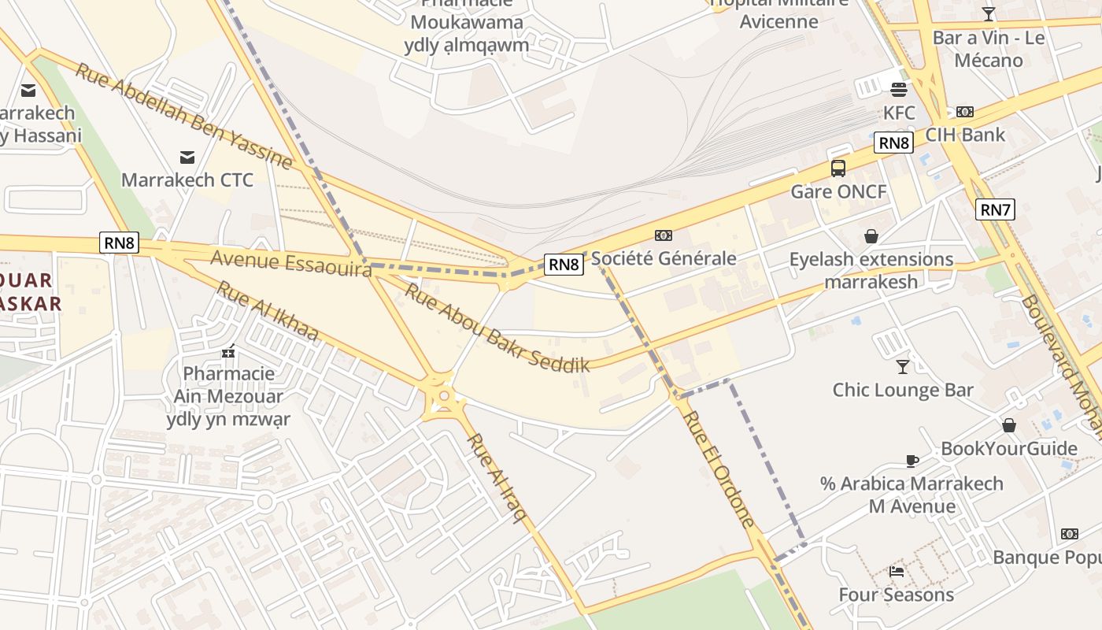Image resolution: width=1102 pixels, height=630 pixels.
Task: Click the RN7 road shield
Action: coord(995,209)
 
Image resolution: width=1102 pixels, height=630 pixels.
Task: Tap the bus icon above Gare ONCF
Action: coord(838,168)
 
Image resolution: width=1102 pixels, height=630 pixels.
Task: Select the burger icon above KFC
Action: coord(899,89)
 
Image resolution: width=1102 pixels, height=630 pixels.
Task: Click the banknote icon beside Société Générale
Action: coord(664,235)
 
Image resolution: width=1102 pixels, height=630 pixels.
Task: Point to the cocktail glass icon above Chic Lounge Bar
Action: coord(903,366)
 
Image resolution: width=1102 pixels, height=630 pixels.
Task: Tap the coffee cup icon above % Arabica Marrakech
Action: coord(912,461)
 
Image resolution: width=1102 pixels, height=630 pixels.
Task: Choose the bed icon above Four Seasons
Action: coord(896,572)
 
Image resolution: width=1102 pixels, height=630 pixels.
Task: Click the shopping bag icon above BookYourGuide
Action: coord(1009,426)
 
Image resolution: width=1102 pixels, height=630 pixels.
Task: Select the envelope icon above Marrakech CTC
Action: coord(187,157)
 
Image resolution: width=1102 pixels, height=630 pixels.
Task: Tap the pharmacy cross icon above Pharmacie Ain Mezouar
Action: coord(228,351)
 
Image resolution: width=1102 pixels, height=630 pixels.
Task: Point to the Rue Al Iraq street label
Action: coord(497,477)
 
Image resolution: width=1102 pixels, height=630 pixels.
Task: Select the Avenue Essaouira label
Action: coord(290,264)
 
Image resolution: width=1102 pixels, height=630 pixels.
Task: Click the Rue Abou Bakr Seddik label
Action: coord(497,328)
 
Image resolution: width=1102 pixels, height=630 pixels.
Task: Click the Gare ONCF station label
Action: coord(838,191)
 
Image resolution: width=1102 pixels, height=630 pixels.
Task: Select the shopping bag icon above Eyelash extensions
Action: coord(871,236)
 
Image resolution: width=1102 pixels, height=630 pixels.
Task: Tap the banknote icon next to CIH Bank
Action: coord(964,112)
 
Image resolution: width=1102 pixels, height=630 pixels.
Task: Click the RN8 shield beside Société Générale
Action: coord(564,265)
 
